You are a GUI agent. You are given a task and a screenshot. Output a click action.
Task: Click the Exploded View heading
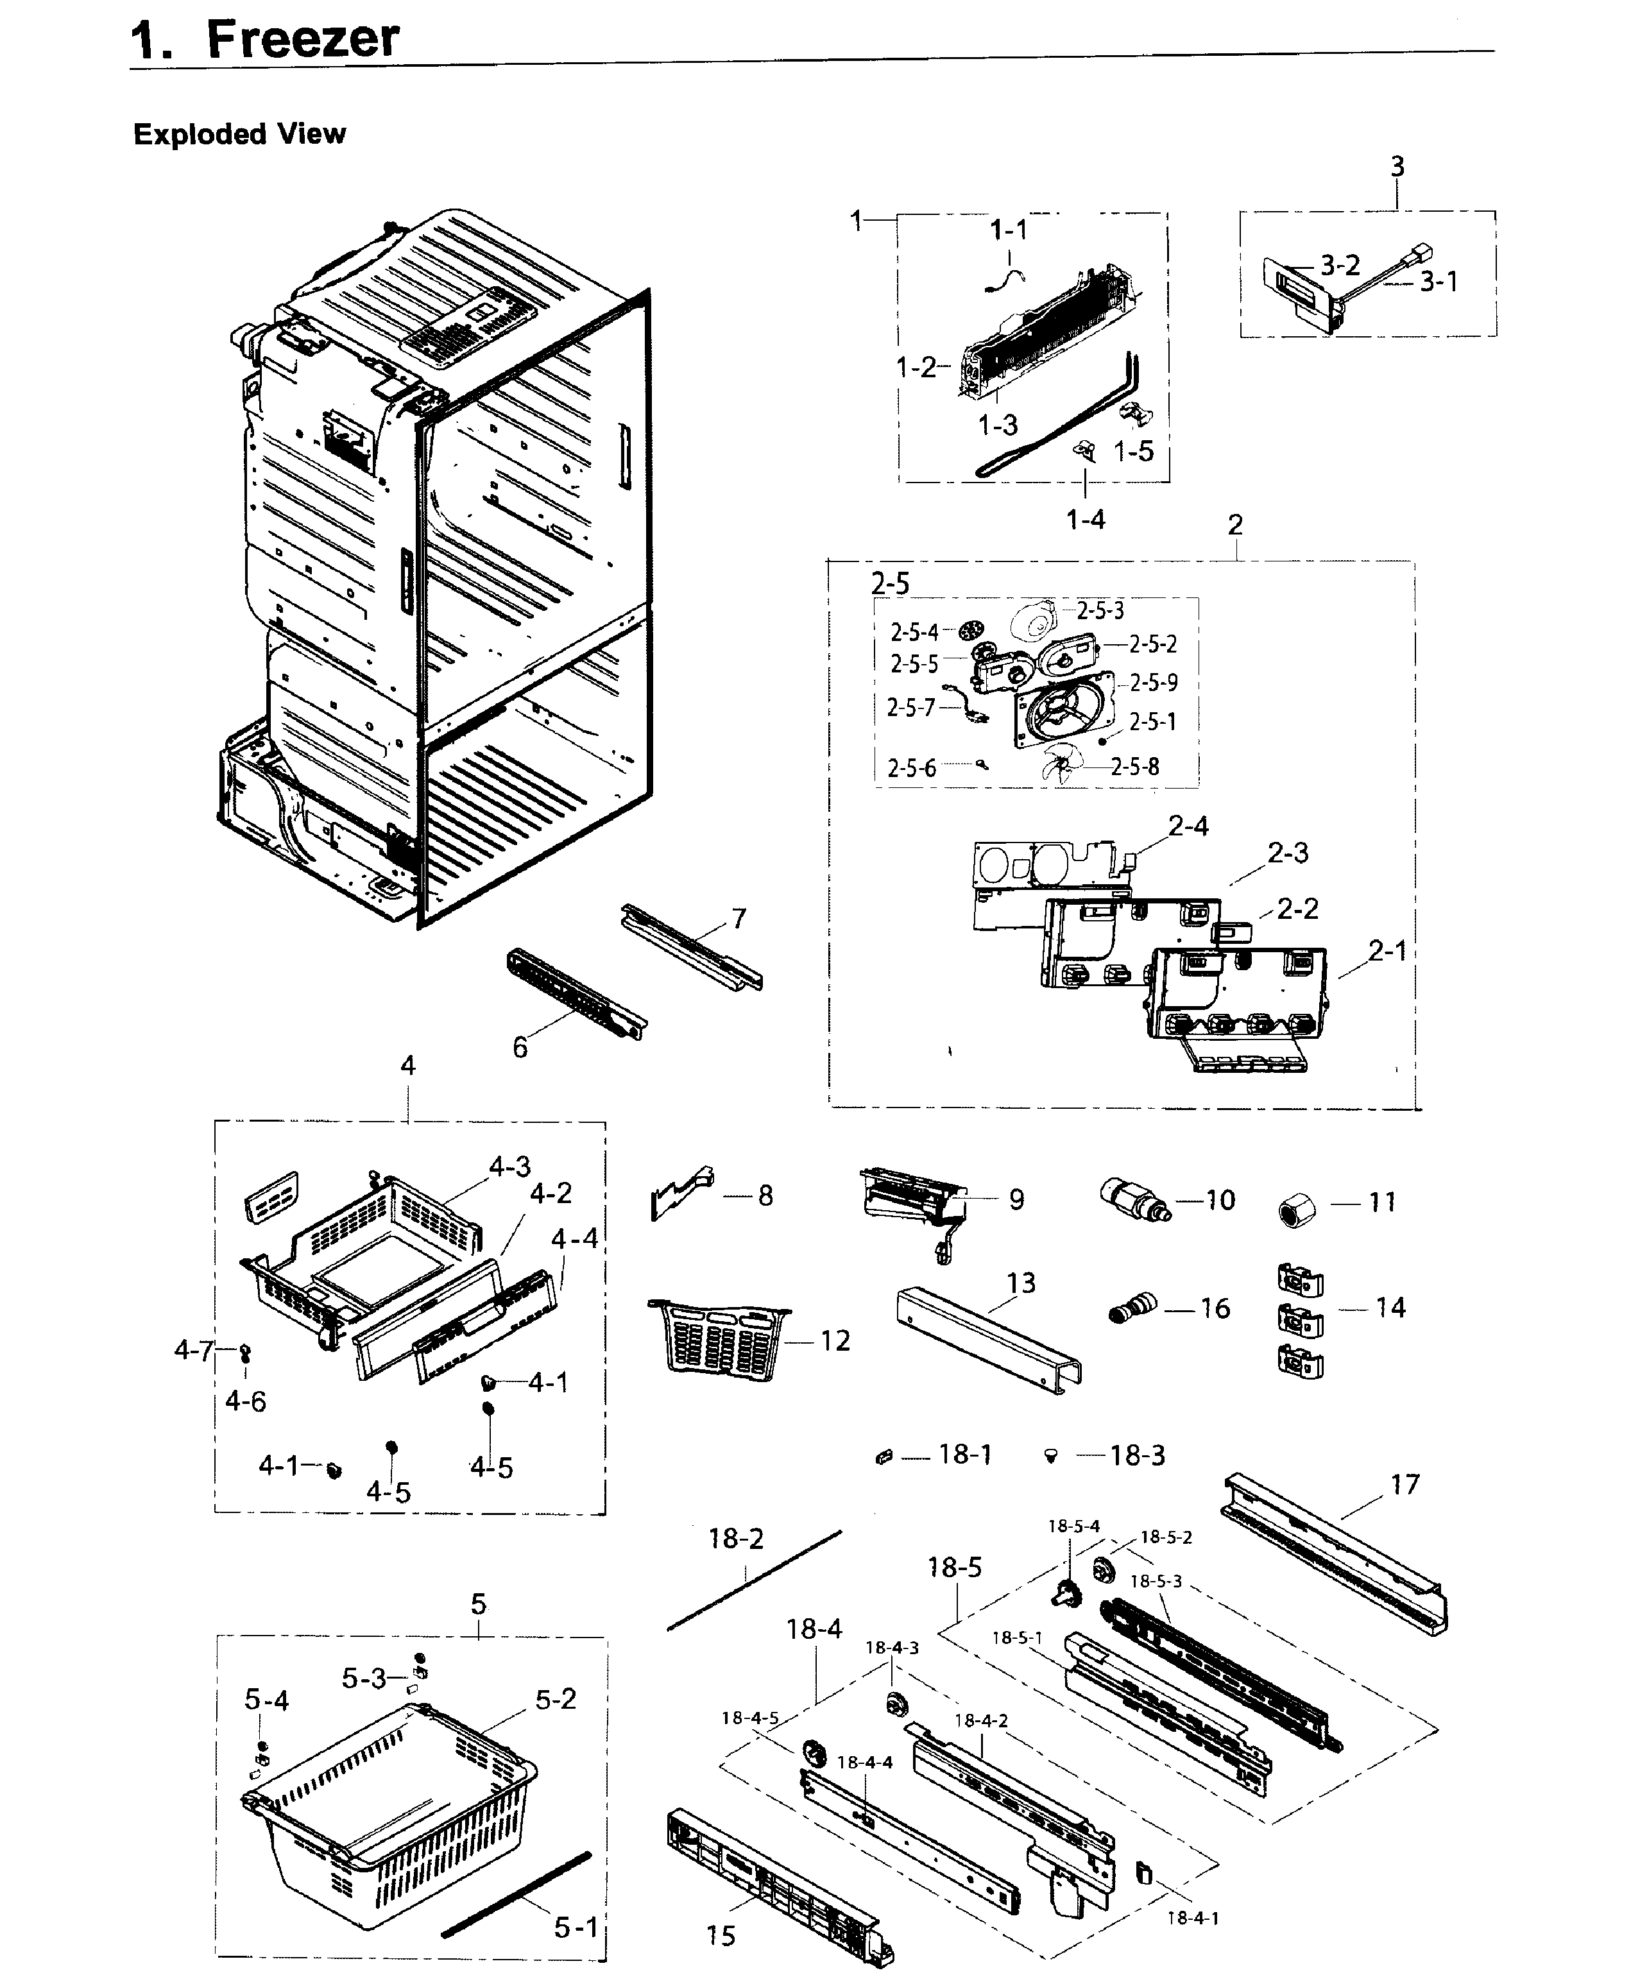click(x=239, y=134)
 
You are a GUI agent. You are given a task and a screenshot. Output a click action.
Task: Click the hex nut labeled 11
click(x=1297, y=1211)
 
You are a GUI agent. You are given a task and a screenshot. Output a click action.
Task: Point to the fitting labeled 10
click(x=1133, y=1202)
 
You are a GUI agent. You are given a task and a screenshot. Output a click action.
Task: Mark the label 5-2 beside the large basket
click(x=555, y=1699)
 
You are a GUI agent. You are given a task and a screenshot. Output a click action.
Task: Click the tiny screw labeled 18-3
click(x=1052, y=1455)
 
